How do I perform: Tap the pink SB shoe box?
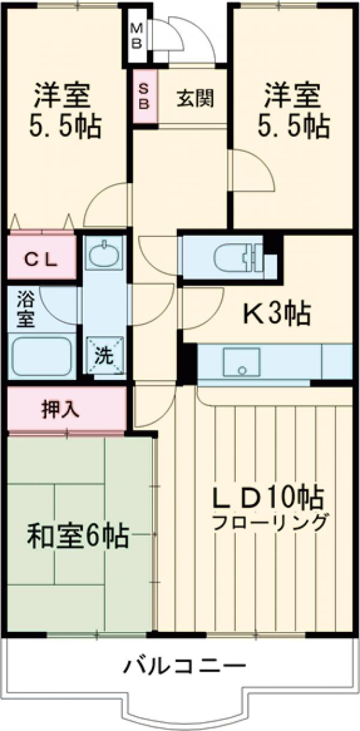pos(144,95)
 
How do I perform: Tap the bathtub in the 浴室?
pos(41,356)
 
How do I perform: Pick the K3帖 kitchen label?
pos(275,313)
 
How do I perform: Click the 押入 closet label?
pos(60,409)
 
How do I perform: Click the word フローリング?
pos(269,521)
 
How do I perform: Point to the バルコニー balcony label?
pos(185,666)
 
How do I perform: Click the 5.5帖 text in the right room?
pos(293,126)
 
